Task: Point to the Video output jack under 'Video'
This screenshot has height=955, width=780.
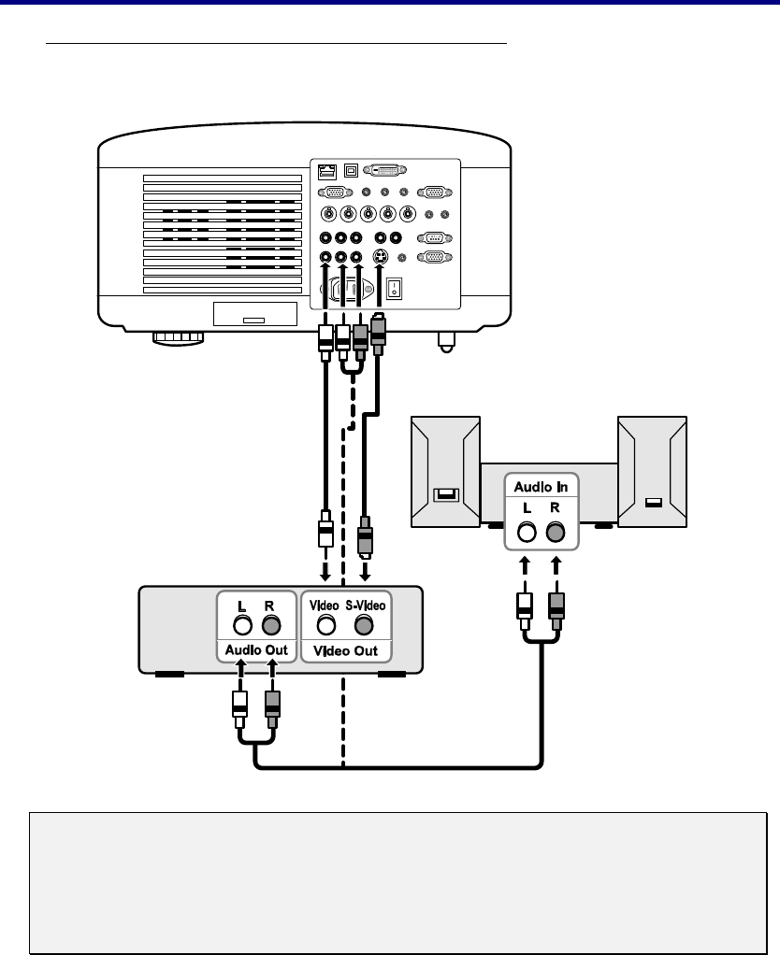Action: click(326, 626)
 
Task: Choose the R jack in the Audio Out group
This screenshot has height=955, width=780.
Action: click(271, 626)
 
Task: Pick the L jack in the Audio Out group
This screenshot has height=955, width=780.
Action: click(242, 626)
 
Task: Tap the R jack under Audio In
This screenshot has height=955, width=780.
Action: click(556, 533)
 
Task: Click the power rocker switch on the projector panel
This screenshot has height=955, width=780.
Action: click(395, 288)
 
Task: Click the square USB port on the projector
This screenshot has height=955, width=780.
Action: click(351, 172)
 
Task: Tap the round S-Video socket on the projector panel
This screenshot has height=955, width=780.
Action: click(379, 258)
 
